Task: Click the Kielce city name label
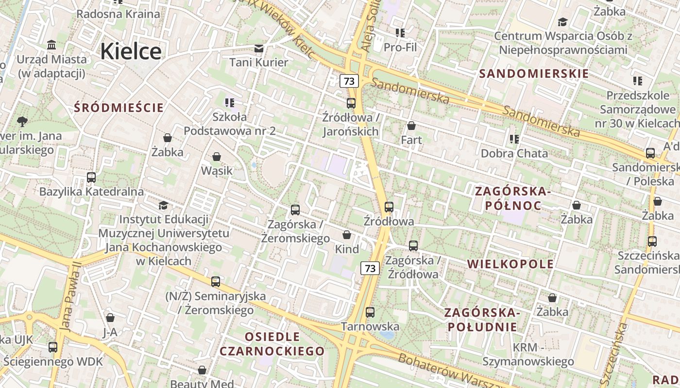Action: coord(131,51)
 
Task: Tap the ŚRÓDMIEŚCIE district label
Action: coord(119,108)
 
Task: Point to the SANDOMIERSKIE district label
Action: coord(534,74)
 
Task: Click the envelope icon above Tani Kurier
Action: coord(259,48)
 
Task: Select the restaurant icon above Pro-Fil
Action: coord(400,33)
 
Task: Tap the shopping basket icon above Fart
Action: coord(411,126)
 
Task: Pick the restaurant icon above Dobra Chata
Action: coord(514,139)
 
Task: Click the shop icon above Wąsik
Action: coord(217,157)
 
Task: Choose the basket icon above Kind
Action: coord(347,235)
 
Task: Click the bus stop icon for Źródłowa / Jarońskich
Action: coord(351,103)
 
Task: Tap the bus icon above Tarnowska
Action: coord(370,312)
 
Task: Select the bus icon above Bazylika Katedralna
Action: coord(91,177)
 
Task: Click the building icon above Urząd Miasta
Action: coord(51,45)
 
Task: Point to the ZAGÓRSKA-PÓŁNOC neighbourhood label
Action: coord(513,198)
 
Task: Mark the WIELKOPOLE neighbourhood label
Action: coord(510,264)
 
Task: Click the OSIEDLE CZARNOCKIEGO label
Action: coord(272,344)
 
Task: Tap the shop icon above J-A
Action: coord(110,318)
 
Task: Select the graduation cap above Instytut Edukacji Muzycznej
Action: coord(164,206)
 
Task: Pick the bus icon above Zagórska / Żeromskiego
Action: coord(295,210)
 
